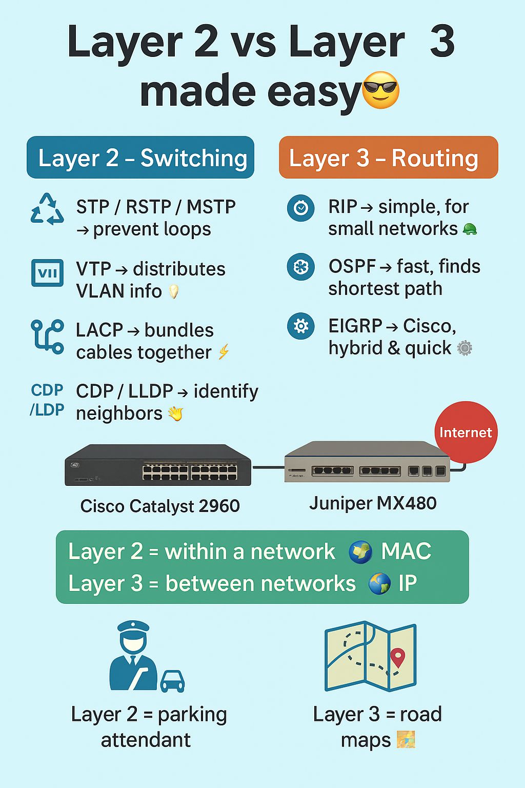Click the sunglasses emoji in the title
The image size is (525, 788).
380,90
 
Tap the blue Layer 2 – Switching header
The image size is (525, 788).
140,157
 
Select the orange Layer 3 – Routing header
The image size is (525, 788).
388,157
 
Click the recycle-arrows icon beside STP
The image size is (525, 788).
47,209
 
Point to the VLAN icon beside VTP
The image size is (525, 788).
47,273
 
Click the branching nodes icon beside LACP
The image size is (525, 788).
47,336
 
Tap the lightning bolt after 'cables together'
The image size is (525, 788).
224,352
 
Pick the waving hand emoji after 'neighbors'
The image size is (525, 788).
175,413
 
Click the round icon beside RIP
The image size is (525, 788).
300,208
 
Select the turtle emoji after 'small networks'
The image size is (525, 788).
470,229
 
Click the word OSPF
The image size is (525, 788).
352,266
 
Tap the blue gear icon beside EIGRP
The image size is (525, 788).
300,326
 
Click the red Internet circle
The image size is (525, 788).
466,432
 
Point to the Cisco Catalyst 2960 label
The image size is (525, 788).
160,506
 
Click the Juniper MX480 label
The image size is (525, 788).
373,503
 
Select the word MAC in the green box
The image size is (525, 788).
406,551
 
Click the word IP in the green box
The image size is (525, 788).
408,583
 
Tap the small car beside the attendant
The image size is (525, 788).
172,681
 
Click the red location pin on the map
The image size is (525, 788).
397,657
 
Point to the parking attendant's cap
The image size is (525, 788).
133,627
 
